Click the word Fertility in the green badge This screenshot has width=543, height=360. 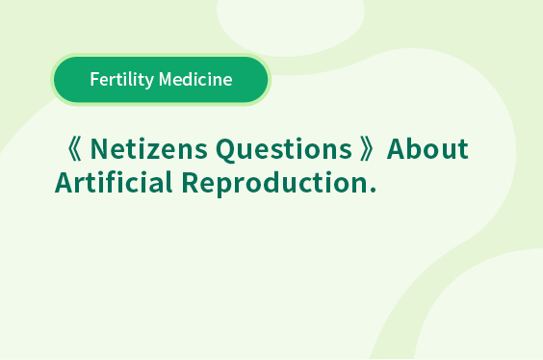click(122, 80)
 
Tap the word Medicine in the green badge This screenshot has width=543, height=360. click(195, 79)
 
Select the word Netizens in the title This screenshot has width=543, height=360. click(149, 149)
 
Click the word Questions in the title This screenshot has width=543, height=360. click(284, 150)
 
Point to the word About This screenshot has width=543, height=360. click(427, 148)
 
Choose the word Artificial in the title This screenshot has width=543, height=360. click(114, 182)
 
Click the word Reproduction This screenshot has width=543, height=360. click(274, 184)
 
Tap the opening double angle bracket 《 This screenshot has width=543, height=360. click(74, 149)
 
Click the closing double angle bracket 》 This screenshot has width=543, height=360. click(367, 149)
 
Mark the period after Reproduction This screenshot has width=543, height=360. click(373, 190)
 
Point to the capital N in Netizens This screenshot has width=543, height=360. click(100, 149)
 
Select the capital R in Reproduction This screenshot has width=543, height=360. click(191, 182)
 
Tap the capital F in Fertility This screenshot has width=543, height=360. click(95, 79)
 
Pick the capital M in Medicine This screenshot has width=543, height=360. click(166, 79)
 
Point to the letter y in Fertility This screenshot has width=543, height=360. click(149, 83)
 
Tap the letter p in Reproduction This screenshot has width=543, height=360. click(229, 188)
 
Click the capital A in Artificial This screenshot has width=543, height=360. click(65, 182)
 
